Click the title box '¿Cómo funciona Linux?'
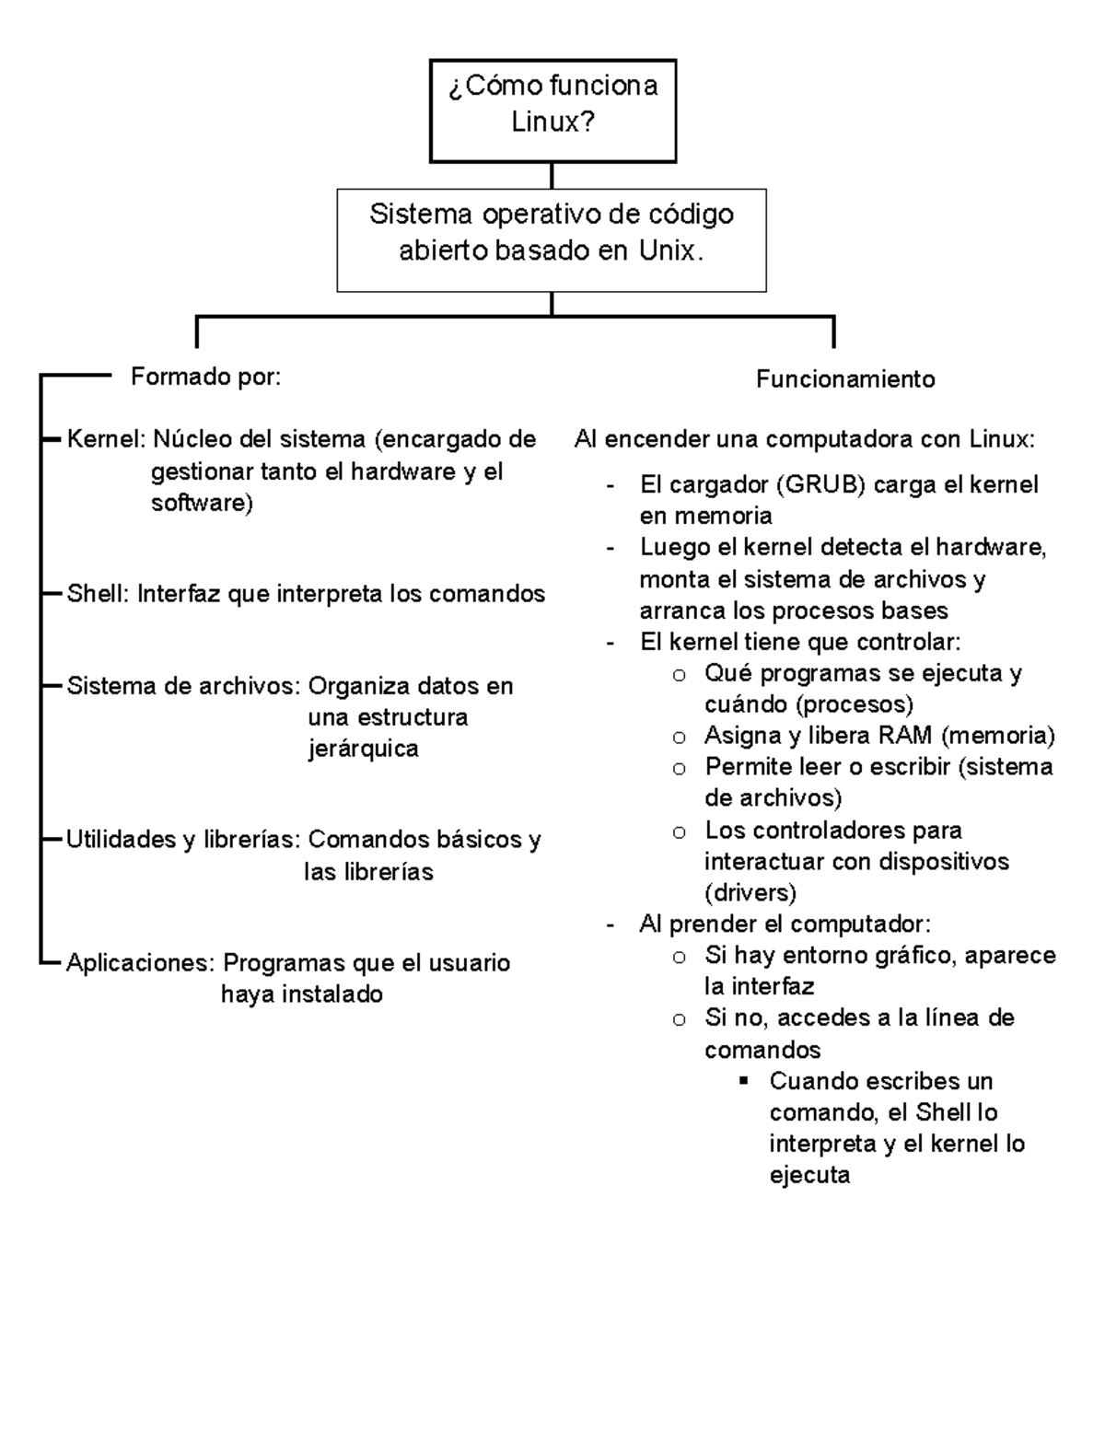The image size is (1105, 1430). (552, 110)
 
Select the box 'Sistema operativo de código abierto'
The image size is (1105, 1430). (551, 240)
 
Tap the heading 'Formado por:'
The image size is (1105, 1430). (205, 377)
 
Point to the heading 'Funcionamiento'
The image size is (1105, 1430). (845, 379)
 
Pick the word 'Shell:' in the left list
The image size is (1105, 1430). (99, 594)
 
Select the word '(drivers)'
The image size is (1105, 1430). (750, 892)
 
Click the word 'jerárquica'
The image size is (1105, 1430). (363, 749)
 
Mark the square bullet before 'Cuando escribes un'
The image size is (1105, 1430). (744, 1080)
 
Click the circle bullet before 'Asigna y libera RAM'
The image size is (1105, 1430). (679, 737)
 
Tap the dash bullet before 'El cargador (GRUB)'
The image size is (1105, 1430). (610, 486)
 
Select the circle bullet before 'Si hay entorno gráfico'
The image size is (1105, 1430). (679, 957)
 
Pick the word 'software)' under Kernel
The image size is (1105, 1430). (202, 503)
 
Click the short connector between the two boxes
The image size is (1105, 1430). (552, 176)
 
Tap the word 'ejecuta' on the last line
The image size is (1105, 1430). (809, 1176)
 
